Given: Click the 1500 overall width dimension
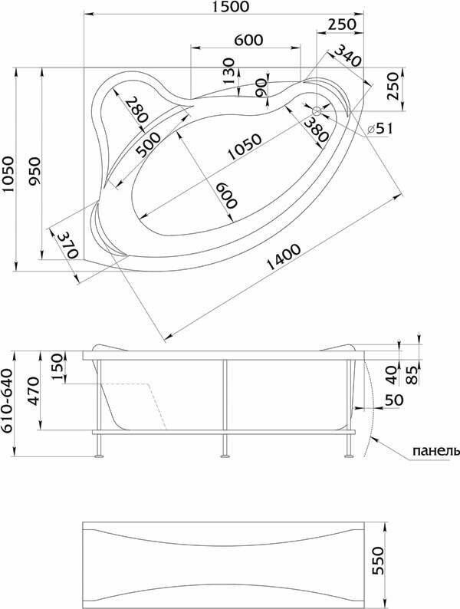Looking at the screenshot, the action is [228, 7].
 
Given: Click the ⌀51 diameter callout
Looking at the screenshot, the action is [381, 129].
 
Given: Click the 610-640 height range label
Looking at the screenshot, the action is [8, 401].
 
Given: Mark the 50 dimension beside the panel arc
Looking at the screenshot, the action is [393, 400].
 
